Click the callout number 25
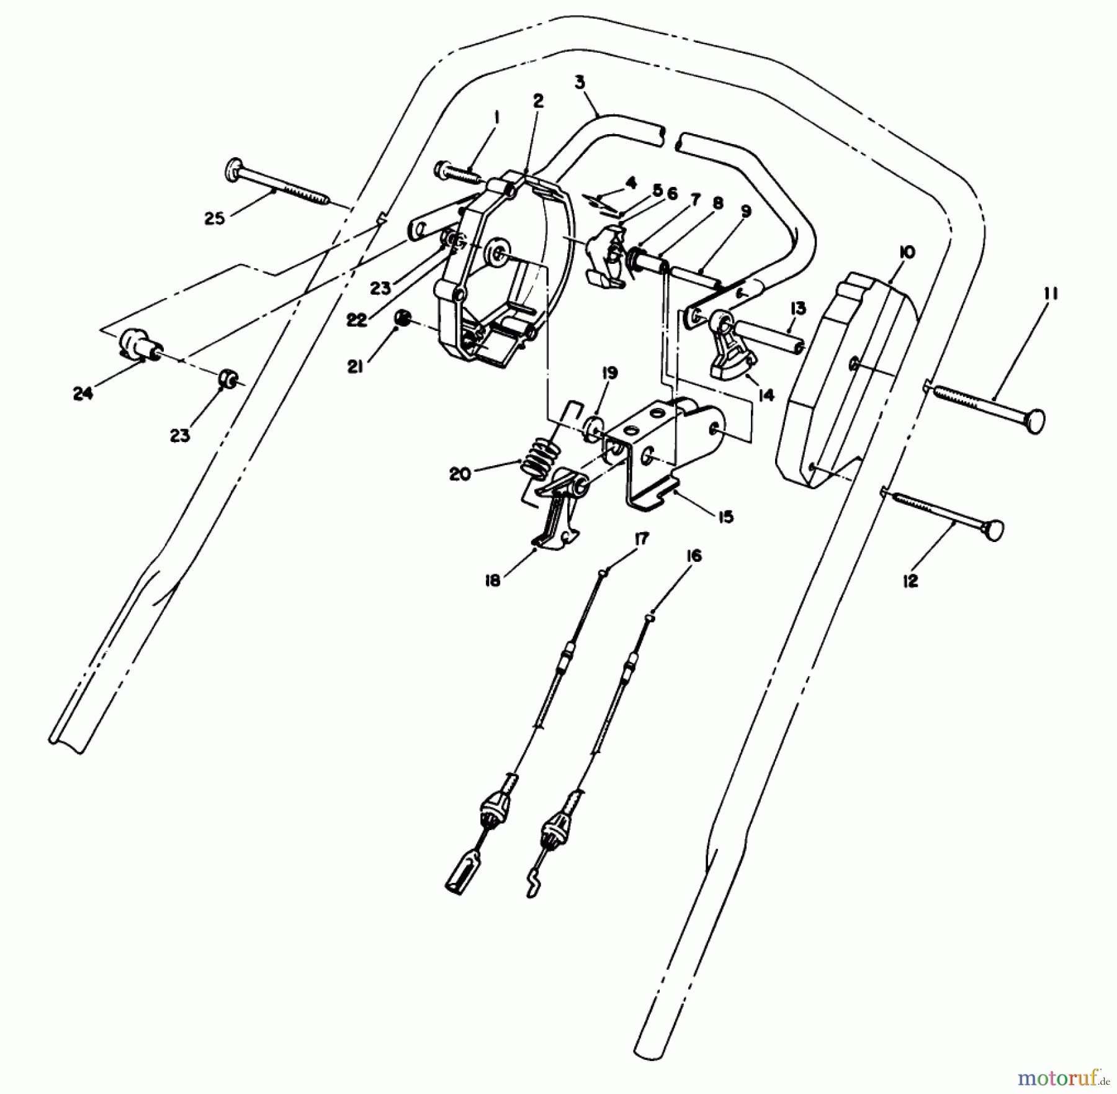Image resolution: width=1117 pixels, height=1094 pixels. pyautogui.click(x=214, y=219)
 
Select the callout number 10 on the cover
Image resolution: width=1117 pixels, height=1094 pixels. pyautogui.click(x=906, y=253)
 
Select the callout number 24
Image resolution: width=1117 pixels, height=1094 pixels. pyautogui.click(x=83, y=394)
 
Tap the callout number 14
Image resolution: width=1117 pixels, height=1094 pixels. pyautogui.click(x=767, y=395)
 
